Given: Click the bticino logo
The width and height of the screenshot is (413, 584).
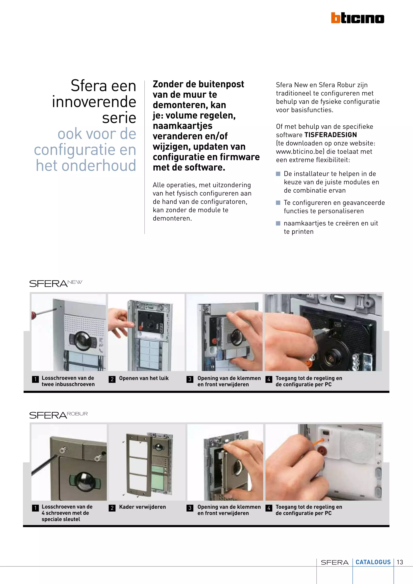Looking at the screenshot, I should point(357,18).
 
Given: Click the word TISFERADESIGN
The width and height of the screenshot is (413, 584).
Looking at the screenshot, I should point(331,135).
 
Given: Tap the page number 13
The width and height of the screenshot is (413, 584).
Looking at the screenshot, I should point(400,562).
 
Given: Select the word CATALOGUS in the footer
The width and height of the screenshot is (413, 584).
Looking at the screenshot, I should point(373,562).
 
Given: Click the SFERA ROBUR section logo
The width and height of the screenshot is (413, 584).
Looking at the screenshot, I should point(58,415).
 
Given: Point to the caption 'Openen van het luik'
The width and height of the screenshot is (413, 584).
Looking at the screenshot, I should point(144,378).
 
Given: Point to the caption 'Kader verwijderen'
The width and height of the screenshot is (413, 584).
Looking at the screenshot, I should point(142,507).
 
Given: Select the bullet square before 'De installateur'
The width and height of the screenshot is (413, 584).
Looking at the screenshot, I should point(278,174).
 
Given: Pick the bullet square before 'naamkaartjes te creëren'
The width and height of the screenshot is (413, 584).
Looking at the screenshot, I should point(278,223).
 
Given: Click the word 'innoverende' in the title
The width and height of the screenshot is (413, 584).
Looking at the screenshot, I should point(94,102).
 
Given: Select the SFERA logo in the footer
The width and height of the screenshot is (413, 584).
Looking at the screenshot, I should point(334,562).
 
